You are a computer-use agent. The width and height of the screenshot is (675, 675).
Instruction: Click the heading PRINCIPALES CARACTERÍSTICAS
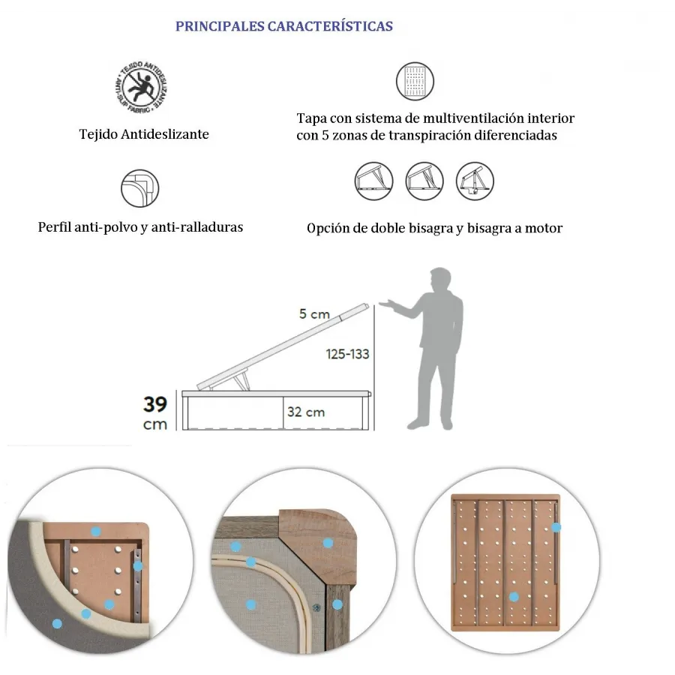(x=283, y=26)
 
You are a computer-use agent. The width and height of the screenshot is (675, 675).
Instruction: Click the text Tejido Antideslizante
(x=144, y=135)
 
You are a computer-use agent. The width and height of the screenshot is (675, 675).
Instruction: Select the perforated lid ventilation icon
(x=415, y=81)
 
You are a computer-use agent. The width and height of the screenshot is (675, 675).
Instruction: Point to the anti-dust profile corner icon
(x=140, y=188)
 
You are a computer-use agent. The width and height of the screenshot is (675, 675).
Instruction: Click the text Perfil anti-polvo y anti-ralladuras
(x=140, y=227)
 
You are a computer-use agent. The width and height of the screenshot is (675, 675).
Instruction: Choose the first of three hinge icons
(x=373, y=181)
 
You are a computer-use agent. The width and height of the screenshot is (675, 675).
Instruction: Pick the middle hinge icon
(x=424, y=181)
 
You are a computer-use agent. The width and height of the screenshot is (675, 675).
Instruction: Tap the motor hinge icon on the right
(x=475, y=181)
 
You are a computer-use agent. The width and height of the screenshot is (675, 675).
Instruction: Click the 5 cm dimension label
(x=314, y=314)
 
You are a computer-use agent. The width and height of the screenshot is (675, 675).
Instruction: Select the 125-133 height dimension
(x=347, y=354)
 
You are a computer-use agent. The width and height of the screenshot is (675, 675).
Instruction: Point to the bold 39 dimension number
(x=155, y=404)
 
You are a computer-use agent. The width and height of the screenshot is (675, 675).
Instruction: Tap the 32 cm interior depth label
(x=305, y=412)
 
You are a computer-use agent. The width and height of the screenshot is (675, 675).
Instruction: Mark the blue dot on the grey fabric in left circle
(x=56, y=623)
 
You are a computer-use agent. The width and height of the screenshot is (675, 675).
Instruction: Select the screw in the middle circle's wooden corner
(x=316, y=606)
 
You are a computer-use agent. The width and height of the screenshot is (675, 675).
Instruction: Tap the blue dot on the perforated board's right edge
(x=556, y=527)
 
